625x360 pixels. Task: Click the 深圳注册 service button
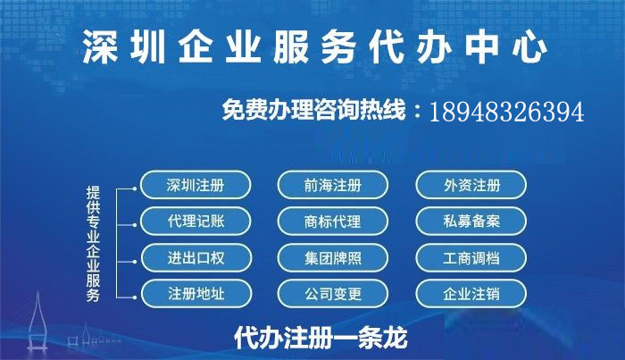[196, 186]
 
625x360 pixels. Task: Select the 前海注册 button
[333, 186]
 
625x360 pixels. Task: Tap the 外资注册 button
[471, 186]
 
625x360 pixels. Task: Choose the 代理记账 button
[196, 222]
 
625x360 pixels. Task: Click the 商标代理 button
[333, 222]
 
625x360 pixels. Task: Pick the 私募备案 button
[471, 222]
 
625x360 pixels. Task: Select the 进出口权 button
[196, 258]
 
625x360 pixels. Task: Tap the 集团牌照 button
[333, 258]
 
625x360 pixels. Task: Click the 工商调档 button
[471, 258]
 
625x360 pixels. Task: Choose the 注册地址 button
[196, 293]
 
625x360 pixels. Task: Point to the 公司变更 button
[333, 293]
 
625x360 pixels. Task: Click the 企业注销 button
[471, 293]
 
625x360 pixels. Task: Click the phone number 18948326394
[506, 113]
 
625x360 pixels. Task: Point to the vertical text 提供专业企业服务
[93, 242]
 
